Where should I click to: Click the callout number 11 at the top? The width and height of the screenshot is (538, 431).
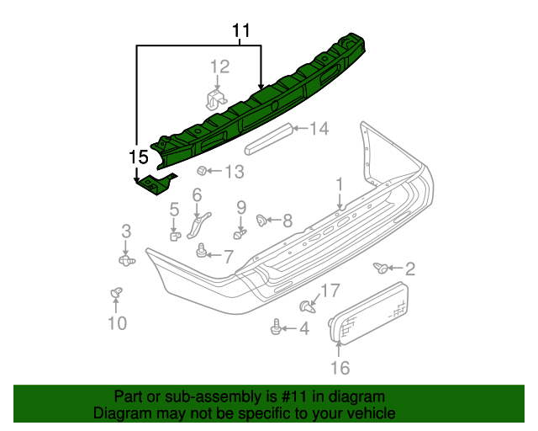coord(241,32)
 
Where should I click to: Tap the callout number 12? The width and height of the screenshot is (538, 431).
coord(219,67)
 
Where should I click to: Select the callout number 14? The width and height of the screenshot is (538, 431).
coord(319,129)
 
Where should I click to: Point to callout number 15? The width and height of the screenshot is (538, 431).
coord(138,157)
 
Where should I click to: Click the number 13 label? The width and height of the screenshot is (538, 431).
coord(233,173)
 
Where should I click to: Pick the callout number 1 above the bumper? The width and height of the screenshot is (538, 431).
coord(340,184)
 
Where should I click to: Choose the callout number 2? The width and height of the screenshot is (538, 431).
coord(409,269)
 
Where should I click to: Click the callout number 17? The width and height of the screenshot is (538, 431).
coord(330,291)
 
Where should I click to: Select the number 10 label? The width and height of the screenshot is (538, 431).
coord(117,322)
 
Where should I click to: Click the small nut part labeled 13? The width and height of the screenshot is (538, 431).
coord(203,172)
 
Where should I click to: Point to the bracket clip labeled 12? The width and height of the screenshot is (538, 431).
coord(217,98)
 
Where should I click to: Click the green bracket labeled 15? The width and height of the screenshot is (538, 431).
coord(156,184)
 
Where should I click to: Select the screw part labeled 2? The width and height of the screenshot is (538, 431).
coord(382,269)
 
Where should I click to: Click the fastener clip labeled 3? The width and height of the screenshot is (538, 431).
coord(126,261)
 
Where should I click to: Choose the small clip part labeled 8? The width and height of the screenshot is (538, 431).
coord(261,221)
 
